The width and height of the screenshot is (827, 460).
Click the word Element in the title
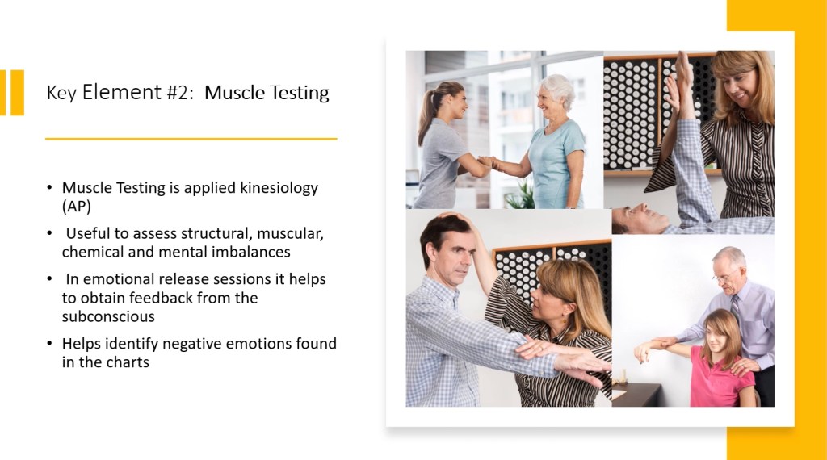[x=121, y=92]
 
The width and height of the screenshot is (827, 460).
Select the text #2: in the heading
[x=182, y=93]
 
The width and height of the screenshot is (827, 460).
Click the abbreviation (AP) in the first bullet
[x=77, y=207]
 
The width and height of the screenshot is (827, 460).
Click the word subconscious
[x=108, y=316]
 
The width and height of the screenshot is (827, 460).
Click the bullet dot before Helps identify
[x=49, y=344]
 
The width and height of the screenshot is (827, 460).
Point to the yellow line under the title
[x=191, y=139]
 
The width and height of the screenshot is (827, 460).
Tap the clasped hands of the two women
[x=488, y=161]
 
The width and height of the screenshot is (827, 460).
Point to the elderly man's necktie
[x=735, y=307]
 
